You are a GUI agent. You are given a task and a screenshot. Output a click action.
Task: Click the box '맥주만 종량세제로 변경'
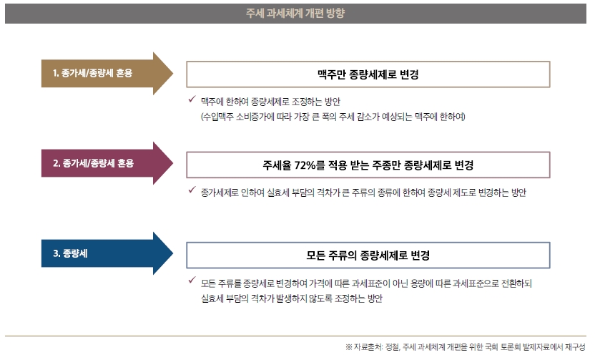pos(368,74)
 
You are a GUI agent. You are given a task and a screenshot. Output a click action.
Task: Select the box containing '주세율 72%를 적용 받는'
pos(368,165)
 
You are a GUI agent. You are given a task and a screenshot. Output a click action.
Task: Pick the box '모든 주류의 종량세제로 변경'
pos(368,255)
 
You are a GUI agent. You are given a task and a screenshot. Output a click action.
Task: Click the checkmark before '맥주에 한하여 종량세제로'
pos(192,99)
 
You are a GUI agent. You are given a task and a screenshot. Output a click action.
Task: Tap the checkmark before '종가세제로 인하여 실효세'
pos(192,190)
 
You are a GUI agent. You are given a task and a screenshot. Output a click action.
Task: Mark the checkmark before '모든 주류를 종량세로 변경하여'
pos(192,281)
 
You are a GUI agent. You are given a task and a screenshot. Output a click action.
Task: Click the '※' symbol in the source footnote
pos(349,346)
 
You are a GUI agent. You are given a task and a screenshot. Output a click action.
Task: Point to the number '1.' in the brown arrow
pos(55,73)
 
